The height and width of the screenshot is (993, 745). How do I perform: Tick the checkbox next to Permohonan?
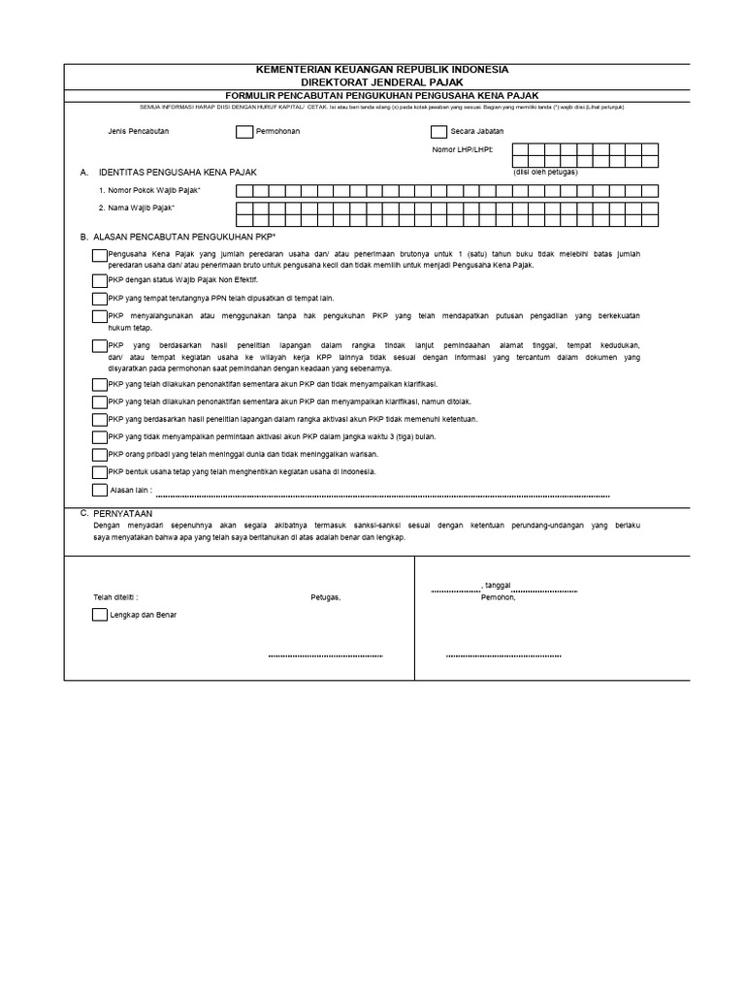click(243, 131)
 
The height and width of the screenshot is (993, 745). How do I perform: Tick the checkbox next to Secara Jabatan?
click(438, 131)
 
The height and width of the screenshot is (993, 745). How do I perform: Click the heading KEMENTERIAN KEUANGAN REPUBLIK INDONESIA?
click(380, 70)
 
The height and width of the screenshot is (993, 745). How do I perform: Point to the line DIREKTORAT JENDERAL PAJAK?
click(380, 81)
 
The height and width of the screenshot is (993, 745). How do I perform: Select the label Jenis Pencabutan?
click(140, 131)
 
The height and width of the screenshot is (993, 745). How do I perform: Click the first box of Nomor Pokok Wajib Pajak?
click(243, 190)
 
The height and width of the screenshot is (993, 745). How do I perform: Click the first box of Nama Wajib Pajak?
click(243, 208)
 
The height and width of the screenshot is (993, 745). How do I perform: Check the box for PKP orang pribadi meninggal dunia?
click(101, 454)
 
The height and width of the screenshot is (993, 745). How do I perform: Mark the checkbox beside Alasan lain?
click(101, 490)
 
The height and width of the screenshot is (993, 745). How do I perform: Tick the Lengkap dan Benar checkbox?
click(101, 615)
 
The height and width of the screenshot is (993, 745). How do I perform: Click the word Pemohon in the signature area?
click(499, 597)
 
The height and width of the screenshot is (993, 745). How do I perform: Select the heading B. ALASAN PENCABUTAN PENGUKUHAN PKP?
click(178, 237)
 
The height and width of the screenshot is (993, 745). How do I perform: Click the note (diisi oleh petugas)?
click(545, 172)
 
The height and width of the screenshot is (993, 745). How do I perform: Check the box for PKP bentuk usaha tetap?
click(101, 471)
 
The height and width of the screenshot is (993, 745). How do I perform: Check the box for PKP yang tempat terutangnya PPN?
click(101, 298)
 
